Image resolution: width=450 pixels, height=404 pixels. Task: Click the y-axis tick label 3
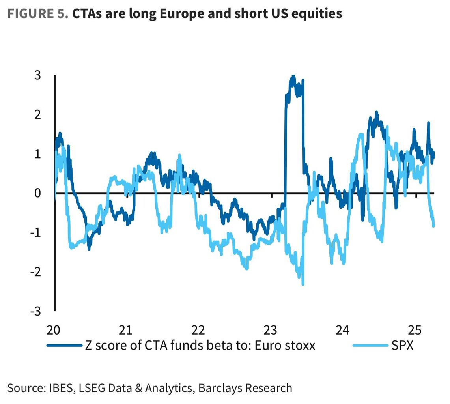(37, 75)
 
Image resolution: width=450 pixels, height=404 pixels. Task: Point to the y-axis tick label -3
(35, 311)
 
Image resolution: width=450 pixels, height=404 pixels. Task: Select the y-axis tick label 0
(37, 193)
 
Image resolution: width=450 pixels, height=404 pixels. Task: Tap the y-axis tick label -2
(35, 272)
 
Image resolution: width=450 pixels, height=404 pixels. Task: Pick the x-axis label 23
(271, 329)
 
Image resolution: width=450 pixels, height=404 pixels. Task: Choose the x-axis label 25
(415, 329)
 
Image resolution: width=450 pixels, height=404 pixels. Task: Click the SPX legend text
(402, 346)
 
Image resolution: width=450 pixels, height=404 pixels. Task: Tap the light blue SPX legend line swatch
(370, 346)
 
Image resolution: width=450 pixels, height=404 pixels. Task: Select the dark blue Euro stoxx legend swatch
(64, 346)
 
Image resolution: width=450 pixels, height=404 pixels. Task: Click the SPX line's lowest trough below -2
(303, 284)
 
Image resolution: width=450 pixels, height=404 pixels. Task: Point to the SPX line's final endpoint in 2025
(434, 226)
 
